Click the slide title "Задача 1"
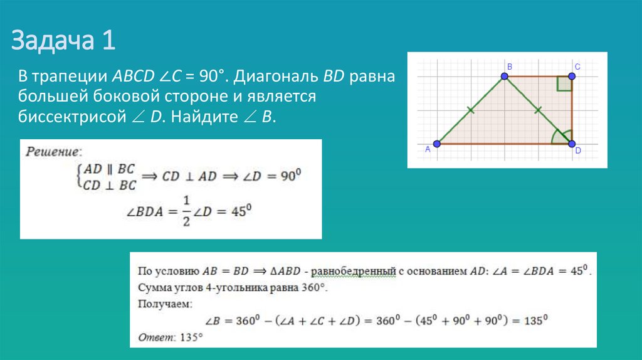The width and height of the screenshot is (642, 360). tap(63, 42)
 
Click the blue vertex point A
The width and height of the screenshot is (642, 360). tap(437, 144)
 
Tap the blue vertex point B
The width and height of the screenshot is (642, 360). tap(505, 77)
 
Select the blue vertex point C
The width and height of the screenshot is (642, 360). tap(572, 77)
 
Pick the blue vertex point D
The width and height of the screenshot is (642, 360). tap(572, 144)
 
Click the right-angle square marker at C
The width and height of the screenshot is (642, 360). tap(564, 85)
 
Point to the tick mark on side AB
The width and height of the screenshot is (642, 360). tap(471, 110)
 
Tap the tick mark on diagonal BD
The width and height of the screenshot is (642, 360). tap(538, 110)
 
